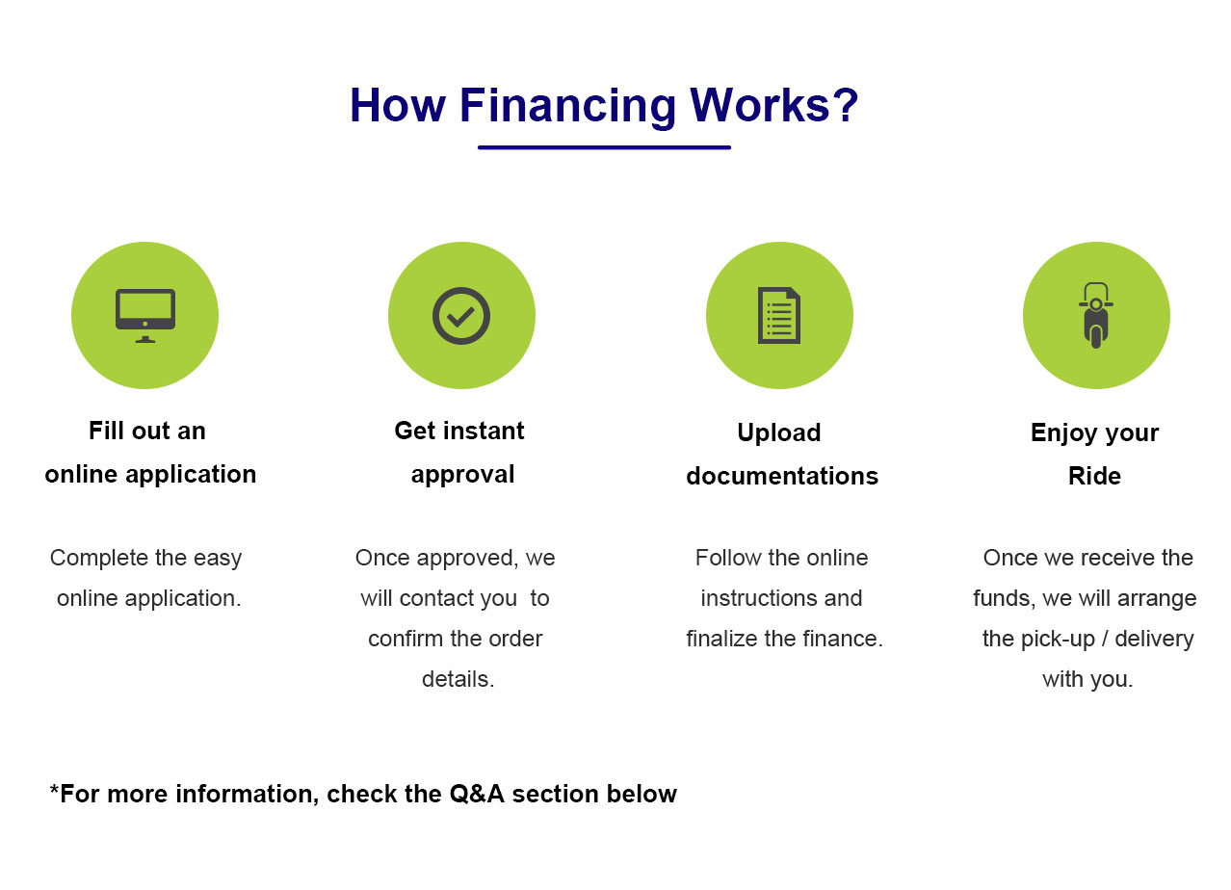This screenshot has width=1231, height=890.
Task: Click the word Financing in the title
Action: pyautogui.click(x=567, y=105)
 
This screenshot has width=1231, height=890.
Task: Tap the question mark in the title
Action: pyautogui.click(x=846, y=105)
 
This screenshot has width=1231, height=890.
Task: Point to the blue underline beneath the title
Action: pyautogui.click(x=604, y=147)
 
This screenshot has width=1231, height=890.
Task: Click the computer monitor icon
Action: pyautogui.click(x=145, y=315)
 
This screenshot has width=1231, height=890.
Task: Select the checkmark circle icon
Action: pyautogui.click(x=461, y=315)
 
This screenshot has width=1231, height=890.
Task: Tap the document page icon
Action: pyautogui.click(x=779, y=315)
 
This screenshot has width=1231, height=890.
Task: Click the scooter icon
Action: pyautogui.click(x=1096, y=315)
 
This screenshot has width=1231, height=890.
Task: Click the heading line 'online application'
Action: pyautogui.click(x=150, y=474)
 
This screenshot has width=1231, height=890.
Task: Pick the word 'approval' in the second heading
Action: pyautogui.click(x=462, y=474)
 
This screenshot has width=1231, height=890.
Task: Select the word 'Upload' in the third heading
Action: pyautogui.click(x=779, y=432)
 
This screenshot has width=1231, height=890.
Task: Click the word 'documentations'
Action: pyautogui.click(x=782, y=476)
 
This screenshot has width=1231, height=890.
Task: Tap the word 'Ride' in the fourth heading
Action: pyautogui.click(x=1094, y=476)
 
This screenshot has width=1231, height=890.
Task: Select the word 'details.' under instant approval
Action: pyautogui.click(x=458, y=679)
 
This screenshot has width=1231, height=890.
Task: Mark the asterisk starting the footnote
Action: pyautogui.click(x=54, y=792)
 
